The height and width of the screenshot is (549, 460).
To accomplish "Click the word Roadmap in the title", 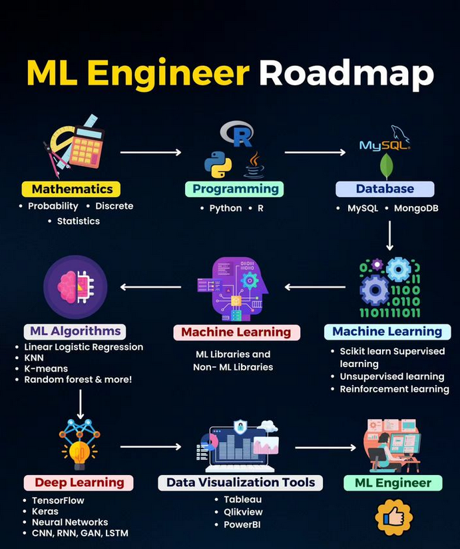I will point(346,74).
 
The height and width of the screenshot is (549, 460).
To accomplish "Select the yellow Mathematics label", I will point(72,189).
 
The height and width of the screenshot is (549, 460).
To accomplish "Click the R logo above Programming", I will point(237,135).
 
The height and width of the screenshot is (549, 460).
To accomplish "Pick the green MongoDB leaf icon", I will point(385,165).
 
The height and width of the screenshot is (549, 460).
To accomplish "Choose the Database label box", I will point(385,189).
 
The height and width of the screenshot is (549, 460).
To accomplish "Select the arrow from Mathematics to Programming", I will point(150,153).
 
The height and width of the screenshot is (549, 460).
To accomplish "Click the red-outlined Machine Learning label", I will point(236,332).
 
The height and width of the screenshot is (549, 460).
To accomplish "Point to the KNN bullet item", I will point(35,358).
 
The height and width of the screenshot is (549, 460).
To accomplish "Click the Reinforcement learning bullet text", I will point(394,389).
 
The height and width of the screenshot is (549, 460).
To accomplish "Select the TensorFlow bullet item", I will point(58,500).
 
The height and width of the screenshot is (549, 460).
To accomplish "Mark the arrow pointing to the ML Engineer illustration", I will point(325,447).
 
